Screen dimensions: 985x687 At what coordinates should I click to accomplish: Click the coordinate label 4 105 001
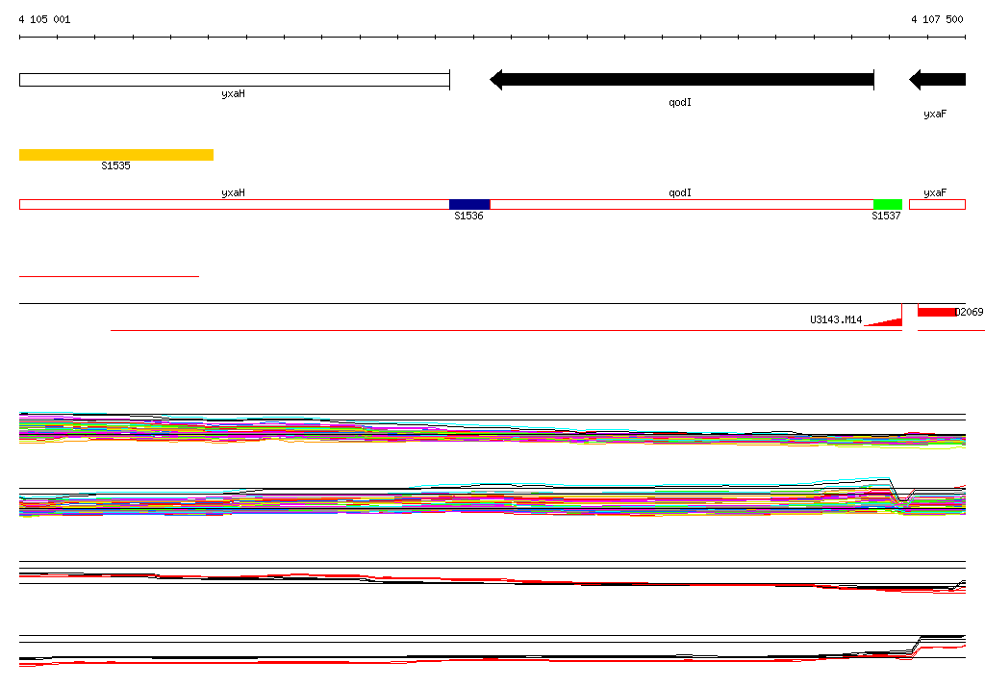(44, 19)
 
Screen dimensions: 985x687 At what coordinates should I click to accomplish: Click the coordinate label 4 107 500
(937, 19)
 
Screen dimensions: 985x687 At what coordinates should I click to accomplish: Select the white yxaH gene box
(235, 80)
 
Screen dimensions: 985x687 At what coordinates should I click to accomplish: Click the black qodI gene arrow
(682, 80)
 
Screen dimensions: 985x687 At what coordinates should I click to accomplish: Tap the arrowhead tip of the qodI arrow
(491, 80)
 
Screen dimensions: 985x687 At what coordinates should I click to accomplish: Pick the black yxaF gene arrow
(937, 80)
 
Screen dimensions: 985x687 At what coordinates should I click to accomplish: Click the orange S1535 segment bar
(116, 155)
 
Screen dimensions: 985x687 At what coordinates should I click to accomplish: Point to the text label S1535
(115, 165)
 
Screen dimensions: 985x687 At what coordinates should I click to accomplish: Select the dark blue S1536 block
(469, 204)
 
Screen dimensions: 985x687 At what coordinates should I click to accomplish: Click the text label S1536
(468, 216)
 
